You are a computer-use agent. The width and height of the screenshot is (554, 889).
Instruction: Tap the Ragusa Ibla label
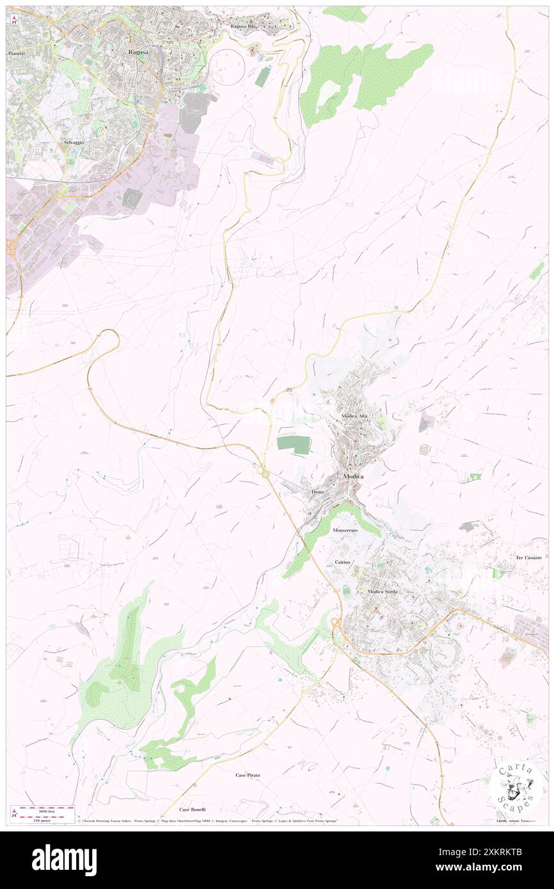pos(243,26)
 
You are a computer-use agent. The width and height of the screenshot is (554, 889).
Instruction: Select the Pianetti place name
pos(15,53)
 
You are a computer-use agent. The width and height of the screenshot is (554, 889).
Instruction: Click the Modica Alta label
pos(354,416)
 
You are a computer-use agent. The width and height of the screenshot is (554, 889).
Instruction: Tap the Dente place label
pos(318,491)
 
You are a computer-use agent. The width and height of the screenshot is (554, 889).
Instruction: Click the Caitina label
pos(342,562)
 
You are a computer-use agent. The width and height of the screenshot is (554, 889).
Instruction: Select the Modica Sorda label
pos(382,592)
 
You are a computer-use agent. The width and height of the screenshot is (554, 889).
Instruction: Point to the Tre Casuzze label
pos(528,558)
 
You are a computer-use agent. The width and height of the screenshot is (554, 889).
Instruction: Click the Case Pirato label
pos(248,775)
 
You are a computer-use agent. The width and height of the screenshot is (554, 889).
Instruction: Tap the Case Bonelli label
pos(194,809)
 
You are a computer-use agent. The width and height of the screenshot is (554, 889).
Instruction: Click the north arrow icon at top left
pos(14,19)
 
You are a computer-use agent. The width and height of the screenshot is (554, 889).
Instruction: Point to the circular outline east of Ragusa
pos(227,66)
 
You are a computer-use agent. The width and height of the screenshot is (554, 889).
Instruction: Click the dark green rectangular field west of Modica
pos(294,445)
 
